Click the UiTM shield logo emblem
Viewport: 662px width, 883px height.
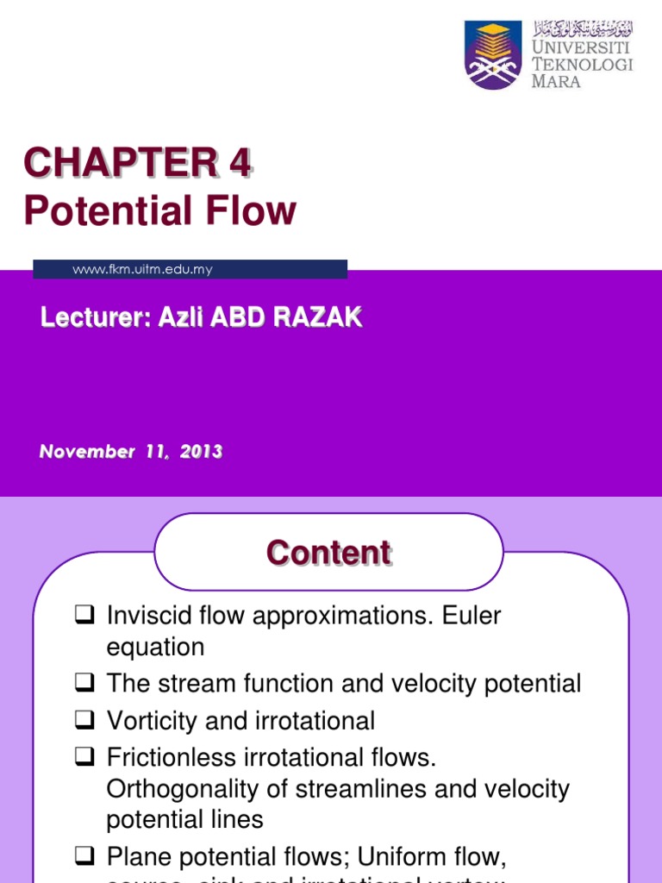click(x=493, y=55)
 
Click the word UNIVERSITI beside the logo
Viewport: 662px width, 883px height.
click(x=582, y=47)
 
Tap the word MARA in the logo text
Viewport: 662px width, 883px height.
click(x=556, y=82)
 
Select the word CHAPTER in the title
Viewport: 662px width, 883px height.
click(x=120, y=163)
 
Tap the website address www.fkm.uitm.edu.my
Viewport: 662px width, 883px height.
click(x=142, y=270)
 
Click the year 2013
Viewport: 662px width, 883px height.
click(x=201, y=452)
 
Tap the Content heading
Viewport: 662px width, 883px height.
click(x=328, y=553)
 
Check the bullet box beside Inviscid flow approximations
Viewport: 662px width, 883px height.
click(x=84, y=616)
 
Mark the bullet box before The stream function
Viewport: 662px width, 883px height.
click(x=84, y=684)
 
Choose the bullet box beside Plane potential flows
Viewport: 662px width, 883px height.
click(x=84, y=856)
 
